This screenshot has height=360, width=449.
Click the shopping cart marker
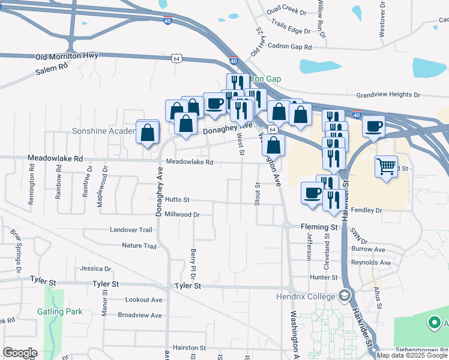(386, 165)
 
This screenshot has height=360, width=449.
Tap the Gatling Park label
(59, 311)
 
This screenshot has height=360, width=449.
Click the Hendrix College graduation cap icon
(345, 295)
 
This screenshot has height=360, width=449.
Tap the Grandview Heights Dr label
(387, 95)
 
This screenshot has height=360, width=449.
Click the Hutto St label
(178, 200)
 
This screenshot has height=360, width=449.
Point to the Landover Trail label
(131, 230)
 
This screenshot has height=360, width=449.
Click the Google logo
(20, 353)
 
